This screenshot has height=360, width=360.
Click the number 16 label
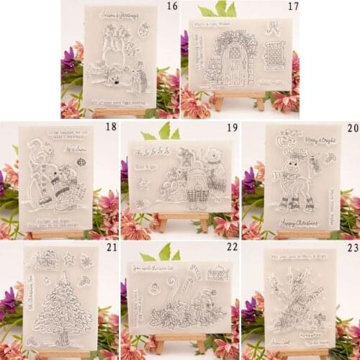pos(171,6)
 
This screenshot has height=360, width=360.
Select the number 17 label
pos(292,6)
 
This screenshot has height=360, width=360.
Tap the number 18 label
pos(110,126)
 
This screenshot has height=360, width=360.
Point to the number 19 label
pos(231,127)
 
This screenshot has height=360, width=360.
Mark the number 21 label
pos(110,247)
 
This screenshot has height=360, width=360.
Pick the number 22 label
pos(231,247)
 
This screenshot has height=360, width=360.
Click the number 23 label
pos(351,247)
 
